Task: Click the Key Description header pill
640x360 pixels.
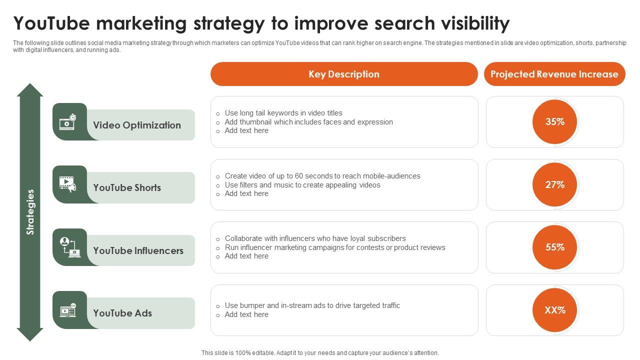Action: [344, 74]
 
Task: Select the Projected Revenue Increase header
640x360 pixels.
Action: [554, 74]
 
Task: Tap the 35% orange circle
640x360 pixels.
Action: [554, 121]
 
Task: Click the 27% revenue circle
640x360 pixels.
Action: [554, 184]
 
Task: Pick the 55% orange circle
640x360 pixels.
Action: [554, 247]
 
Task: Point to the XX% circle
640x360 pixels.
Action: [554, 310]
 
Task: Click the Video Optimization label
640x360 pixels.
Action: [137, 125]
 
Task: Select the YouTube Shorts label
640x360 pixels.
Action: [127, 187]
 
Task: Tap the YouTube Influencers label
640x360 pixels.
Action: [138, 250]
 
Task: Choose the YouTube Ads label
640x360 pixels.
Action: [122, 313]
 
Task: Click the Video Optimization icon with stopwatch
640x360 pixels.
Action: [67, 122]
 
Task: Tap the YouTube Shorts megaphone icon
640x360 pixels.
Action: [67, 184]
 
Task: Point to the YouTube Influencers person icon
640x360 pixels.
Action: [70, 247]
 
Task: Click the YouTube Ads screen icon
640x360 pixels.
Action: [68, 310]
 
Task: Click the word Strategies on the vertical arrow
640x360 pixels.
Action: [30, 212]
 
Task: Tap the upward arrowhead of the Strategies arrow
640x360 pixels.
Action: [30, 89]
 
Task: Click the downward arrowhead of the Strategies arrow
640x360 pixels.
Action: [30, 334]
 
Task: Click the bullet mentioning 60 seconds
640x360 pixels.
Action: [318, 176]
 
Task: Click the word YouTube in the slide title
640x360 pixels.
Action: [51, 23]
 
